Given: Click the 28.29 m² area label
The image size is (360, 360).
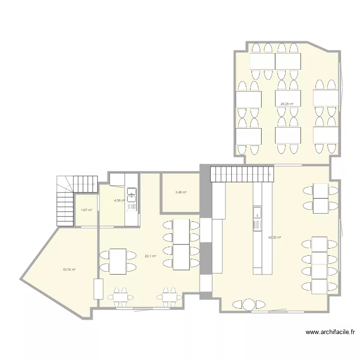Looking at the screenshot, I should [287, 104].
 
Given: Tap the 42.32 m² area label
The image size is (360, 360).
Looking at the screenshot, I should [274, 237].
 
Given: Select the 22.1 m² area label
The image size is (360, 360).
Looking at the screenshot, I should [150, 256].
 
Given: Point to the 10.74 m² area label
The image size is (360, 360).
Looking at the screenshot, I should [69, 270].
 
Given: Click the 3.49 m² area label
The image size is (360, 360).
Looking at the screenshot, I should [180, 192].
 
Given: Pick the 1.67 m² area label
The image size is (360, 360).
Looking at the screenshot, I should [86, 210].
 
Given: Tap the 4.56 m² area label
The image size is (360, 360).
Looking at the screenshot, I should [119, 201].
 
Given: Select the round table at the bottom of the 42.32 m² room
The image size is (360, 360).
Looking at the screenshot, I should [248, 304].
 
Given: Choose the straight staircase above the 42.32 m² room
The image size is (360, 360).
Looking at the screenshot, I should [241, 174].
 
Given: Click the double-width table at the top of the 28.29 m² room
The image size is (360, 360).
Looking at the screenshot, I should [275, 61].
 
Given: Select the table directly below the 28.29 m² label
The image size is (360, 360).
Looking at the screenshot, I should [288, 135].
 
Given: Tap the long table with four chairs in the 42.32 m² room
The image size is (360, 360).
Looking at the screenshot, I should [320, 264].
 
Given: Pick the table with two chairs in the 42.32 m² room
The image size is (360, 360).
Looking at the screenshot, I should [321, 198].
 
